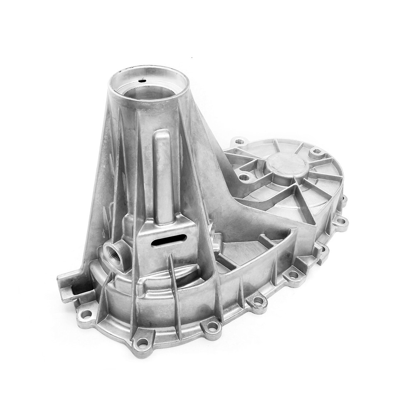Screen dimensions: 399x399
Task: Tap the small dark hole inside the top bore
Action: (x=142, y=81)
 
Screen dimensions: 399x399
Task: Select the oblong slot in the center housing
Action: (x=169, y=240)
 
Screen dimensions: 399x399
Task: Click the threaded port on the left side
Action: (x=113, y=254)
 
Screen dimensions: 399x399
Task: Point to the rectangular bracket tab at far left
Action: (x=69, y=287)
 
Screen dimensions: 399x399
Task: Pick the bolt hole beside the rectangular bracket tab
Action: (x=86, y=314)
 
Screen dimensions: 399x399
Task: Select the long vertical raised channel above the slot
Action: (x=163, y=175)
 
